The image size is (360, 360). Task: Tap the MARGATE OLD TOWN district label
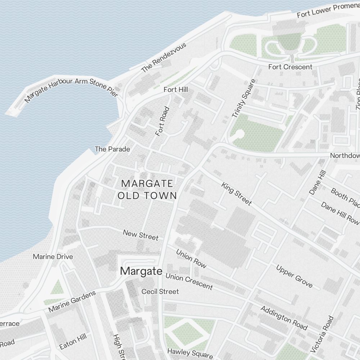click(x=147, y=189)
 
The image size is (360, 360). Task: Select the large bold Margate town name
click(x=141, y=271)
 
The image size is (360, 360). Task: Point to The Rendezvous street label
click(x=164, y=58)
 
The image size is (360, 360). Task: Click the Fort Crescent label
click(x=290, y=67)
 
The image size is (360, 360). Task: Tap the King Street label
click(x=236, y=194)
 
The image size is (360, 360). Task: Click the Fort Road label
click(x=162, y=121)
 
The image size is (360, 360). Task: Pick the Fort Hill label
click(x=176, y=89)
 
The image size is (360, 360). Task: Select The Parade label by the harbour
click(x=112, y=149)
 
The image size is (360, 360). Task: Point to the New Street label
click(x=140, y=235)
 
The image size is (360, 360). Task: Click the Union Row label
click(x=191, y=258)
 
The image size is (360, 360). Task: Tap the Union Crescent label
click(x=189, y=282)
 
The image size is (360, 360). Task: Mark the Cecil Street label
click(x=160, y=291)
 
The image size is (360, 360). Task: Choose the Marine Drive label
click(x=53, y=257)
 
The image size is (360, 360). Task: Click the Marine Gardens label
click(x=72, y=301)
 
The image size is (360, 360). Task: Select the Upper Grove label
click(x=294, y=276)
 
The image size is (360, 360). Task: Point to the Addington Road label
click(x=284, y=318)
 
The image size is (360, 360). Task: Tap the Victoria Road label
click(x=322, y=334)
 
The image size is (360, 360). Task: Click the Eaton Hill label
click(x=73, y=341)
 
